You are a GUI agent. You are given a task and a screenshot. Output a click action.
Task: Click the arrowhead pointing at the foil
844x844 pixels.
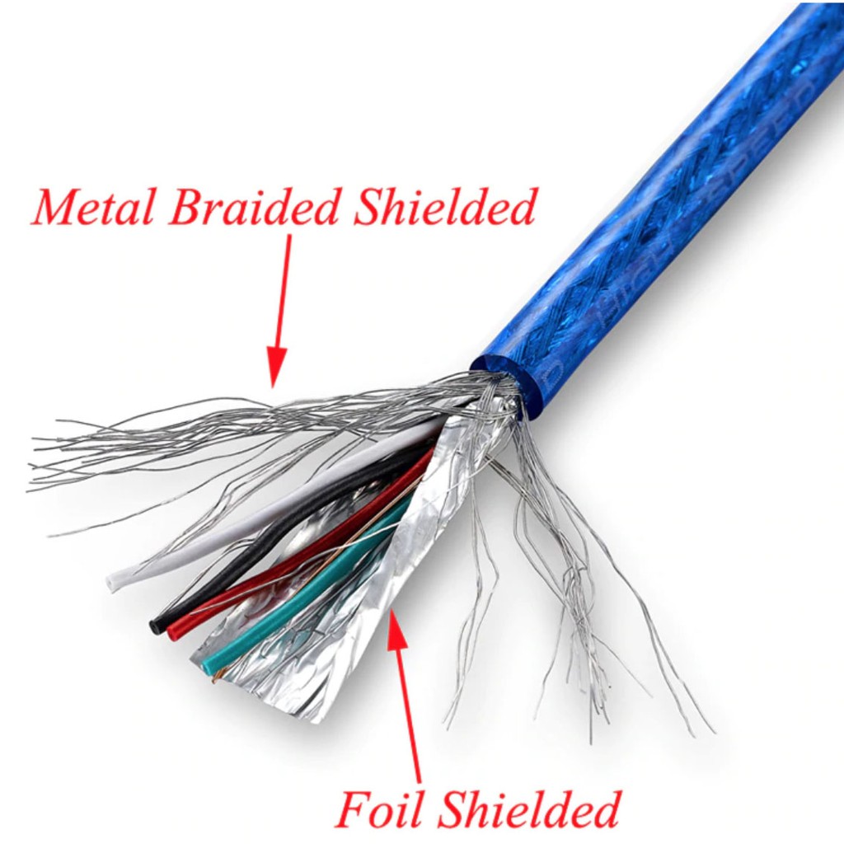click(396, 623)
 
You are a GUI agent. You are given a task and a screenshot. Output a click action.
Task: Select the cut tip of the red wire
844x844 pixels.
click(174, 632)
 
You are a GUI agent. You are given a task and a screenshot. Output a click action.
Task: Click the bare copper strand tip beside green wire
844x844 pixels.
click(217, 678)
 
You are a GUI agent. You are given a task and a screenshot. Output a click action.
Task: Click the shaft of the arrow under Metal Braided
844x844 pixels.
click(284, 288)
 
